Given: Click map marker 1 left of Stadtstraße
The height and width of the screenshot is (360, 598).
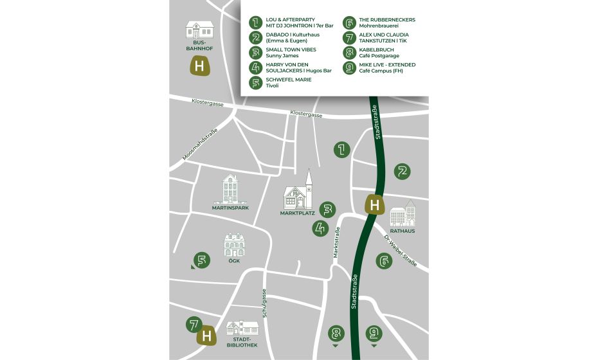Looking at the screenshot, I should pyautogui.click(x=341, y=150).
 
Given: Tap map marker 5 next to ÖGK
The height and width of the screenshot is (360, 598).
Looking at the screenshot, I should pyautogui.click(x=202, y=260).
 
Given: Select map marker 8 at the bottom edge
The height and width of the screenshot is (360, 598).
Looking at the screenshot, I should pyautogui.click(x=335, y=333).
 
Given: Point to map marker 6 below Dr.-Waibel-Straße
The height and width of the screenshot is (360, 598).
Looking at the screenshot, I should pyautogui.click(x=385, y=261).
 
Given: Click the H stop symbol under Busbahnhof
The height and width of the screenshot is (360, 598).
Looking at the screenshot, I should pyautogui.click(x=200, y=66).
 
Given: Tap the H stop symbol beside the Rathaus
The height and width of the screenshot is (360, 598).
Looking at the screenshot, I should pyautogui.click(x=375, y=205).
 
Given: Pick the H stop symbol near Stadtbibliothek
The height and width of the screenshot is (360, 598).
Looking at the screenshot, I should pyautogui.click(x=206, y=336).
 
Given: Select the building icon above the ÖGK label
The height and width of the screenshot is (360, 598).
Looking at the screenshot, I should pyautogui.click(x=233, y=245).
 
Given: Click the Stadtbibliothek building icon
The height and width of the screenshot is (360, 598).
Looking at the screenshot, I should pyautogui.click(x=241, y=328).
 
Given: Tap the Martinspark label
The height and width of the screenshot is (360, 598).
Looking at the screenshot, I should pyautogui.click(x=230, y=208).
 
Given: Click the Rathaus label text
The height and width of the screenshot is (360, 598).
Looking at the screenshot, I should pyautogui.click(x=403, y=231).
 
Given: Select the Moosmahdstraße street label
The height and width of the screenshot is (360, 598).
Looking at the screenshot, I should pyautogui.click(x=200, y=145).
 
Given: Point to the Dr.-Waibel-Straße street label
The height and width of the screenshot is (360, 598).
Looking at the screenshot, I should pyautogui.click(x=401, y=250).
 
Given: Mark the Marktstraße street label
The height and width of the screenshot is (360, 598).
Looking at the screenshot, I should pyautogui.click(x=337, y=242).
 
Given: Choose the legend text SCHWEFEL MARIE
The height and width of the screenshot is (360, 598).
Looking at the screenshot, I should pyautogui.click(x=289, y=79).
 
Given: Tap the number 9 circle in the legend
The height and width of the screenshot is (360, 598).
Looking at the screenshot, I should pyautogui.click(x=350, y=67).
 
